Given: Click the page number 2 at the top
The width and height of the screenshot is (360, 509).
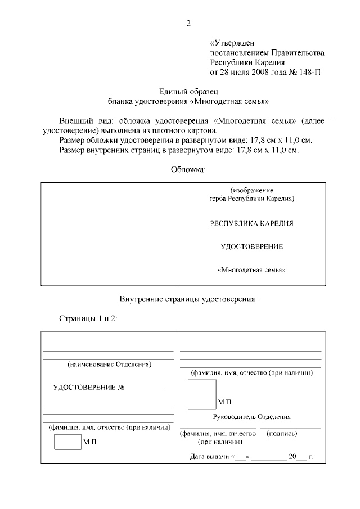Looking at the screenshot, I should point(189,23).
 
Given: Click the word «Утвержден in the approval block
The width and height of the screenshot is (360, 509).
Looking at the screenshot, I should point(232,43).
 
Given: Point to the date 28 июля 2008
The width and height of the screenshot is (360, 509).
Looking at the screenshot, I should point(248,73).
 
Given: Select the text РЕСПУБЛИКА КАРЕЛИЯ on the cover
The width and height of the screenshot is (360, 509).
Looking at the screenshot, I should point(251,223).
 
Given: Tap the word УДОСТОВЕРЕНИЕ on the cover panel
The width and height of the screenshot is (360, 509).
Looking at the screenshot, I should point(251,246).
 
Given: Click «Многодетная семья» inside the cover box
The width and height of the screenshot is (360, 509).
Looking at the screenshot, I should point(251,270).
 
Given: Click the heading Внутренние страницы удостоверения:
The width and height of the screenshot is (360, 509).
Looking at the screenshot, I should point(188,299).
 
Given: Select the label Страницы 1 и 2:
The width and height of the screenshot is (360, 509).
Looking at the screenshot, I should point(88,318).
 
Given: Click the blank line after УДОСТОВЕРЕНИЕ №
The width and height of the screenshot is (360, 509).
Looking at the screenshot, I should point(146,389).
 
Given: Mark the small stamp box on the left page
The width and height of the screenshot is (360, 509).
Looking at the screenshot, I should point(67,442).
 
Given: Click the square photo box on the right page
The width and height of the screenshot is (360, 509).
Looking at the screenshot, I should point(201,394).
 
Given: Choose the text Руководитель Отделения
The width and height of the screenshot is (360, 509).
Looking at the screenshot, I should point(251,417).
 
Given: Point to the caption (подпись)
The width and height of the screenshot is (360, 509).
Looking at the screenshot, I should point(283,434).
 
